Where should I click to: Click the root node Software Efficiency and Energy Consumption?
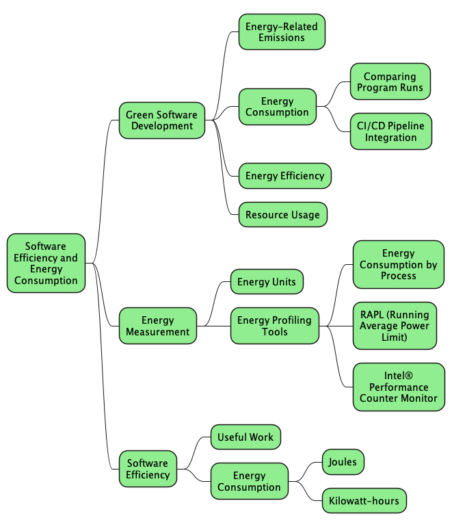[x=46, y=263]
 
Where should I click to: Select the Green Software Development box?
[x=162, y=120]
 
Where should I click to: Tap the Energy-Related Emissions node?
[x=282, y=32]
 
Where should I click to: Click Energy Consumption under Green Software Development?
[x=277, y=107]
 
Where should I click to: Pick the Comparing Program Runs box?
[x=390, y=82]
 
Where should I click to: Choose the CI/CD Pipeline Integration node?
[x=390, y=131]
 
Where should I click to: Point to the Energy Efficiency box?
[x=284, y=176]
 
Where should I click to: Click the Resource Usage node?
[x=282, y=215]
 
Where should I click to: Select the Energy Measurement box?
[x=157, y=326]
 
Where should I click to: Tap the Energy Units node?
[x=266, y=282]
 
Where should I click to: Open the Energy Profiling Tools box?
[x=274, y=326]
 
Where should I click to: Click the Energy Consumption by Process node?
[x=398, y=265]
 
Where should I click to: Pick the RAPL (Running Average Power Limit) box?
[x=395, y=326]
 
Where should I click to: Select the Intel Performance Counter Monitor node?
[x=398, y=387]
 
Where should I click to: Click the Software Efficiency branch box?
[x=148, y=469]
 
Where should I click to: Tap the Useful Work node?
[x=245, y=437]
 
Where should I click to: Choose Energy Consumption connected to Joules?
[x=249, y=481]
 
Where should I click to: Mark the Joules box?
[x=343, y=462]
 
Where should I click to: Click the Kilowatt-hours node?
[x=364, y=501]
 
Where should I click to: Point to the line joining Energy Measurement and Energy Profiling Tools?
[x=213, y=326]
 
